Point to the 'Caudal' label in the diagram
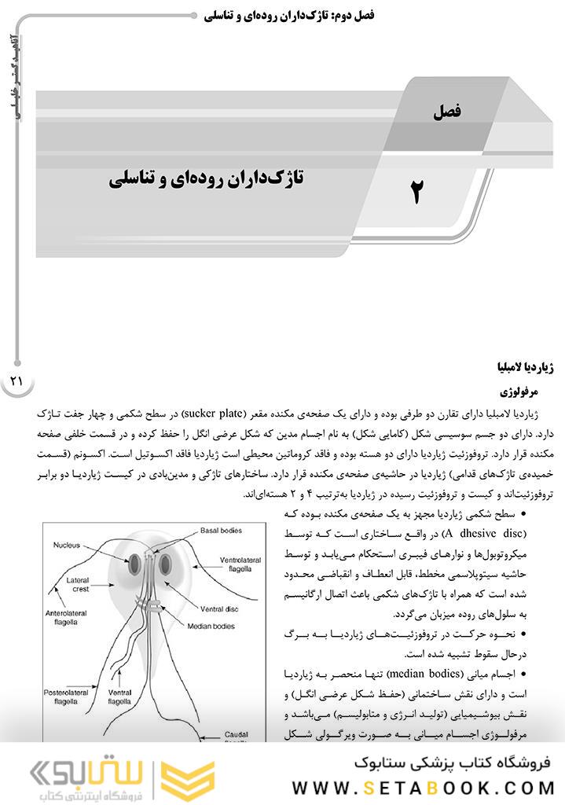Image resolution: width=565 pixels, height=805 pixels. tap(236, 734)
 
